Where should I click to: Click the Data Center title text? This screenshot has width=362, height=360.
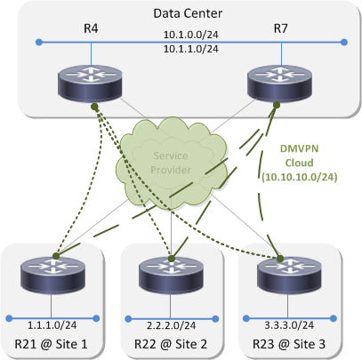pyautogui.click(x=188, y=13)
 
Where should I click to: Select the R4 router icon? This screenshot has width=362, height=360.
pyautogui.click(x=90, y=83)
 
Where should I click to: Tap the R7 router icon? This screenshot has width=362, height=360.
pyautogui.click(x=279, y=83)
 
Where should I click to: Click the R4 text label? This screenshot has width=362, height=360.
pyautogui.click(x=91, y=28)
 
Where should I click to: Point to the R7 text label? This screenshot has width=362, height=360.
pyautogui.click(x=280, y=28)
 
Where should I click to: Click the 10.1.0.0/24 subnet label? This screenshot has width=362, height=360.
pyautogui.click(x=191, y=35)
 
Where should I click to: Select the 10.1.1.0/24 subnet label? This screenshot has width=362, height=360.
pyautogui.click(x=191, y=49)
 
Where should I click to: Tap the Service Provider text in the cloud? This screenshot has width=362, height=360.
pyautogui.click(x=171, y=163)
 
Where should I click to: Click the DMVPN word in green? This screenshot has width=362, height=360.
pyautogui.click(x=299, y=148)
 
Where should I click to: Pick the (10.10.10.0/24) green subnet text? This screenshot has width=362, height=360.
pyautogui.click(x=300, y=177)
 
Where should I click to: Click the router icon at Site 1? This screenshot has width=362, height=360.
pyautogui.click(x=52, y=274)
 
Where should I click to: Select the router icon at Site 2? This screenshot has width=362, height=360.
pyautogui.click(x=171, y=275)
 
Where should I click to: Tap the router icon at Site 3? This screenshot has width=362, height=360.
pyautogui.click(x=289, y=275)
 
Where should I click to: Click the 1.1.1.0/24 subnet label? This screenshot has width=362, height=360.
pyautogui.click(x=52, y=325)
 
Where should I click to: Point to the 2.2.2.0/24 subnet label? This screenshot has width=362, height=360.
pyautogui.click(x=171, y=325)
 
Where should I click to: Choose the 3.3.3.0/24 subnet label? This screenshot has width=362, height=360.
pyautogui.click(x=289, y=325)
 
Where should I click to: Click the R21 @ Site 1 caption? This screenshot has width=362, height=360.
pyautogui.click(x=51, y=344)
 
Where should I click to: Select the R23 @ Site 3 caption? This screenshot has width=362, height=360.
pyautogui.click(x=289, y=344)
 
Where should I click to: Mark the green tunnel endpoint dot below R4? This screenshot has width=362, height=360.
pyautogui.click(x=94, y=107)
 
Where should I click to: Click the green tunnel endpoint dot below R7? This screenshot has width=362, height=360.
pyautogui.click(x=277, y=105)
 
